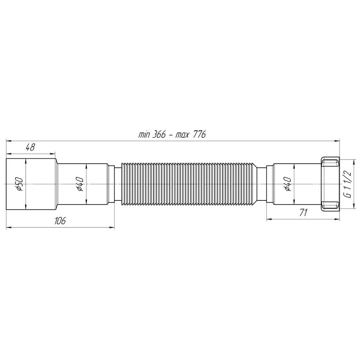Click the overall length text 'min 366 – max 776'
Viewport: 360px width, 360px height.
pyautogui.click(x=172, y=135)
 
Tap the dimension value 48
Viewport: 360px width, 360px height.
pyautogui.click(x=30, y=147)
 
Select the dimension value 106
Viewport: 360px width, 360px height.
pyautogui.click(x=60, y=221)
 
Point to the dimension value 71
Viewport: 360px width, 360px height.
pyautogui.click(x=303, y=212)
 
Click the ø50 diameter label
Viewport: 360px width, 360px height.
pyautogui.click(x=20, y=184)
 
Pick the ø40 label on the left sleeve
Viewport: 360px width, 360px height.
pyautogui.click(x=80, y=184)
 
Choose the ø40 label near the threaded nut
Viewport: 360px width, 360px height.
pyautogui.click(x=288, y=184)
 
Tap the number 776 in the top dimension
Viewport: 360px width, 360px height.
pyautogui.click(x=199, y=135)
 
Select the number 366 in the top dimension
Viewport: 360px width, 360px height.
pyautogui.click(x=159, y=135)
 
